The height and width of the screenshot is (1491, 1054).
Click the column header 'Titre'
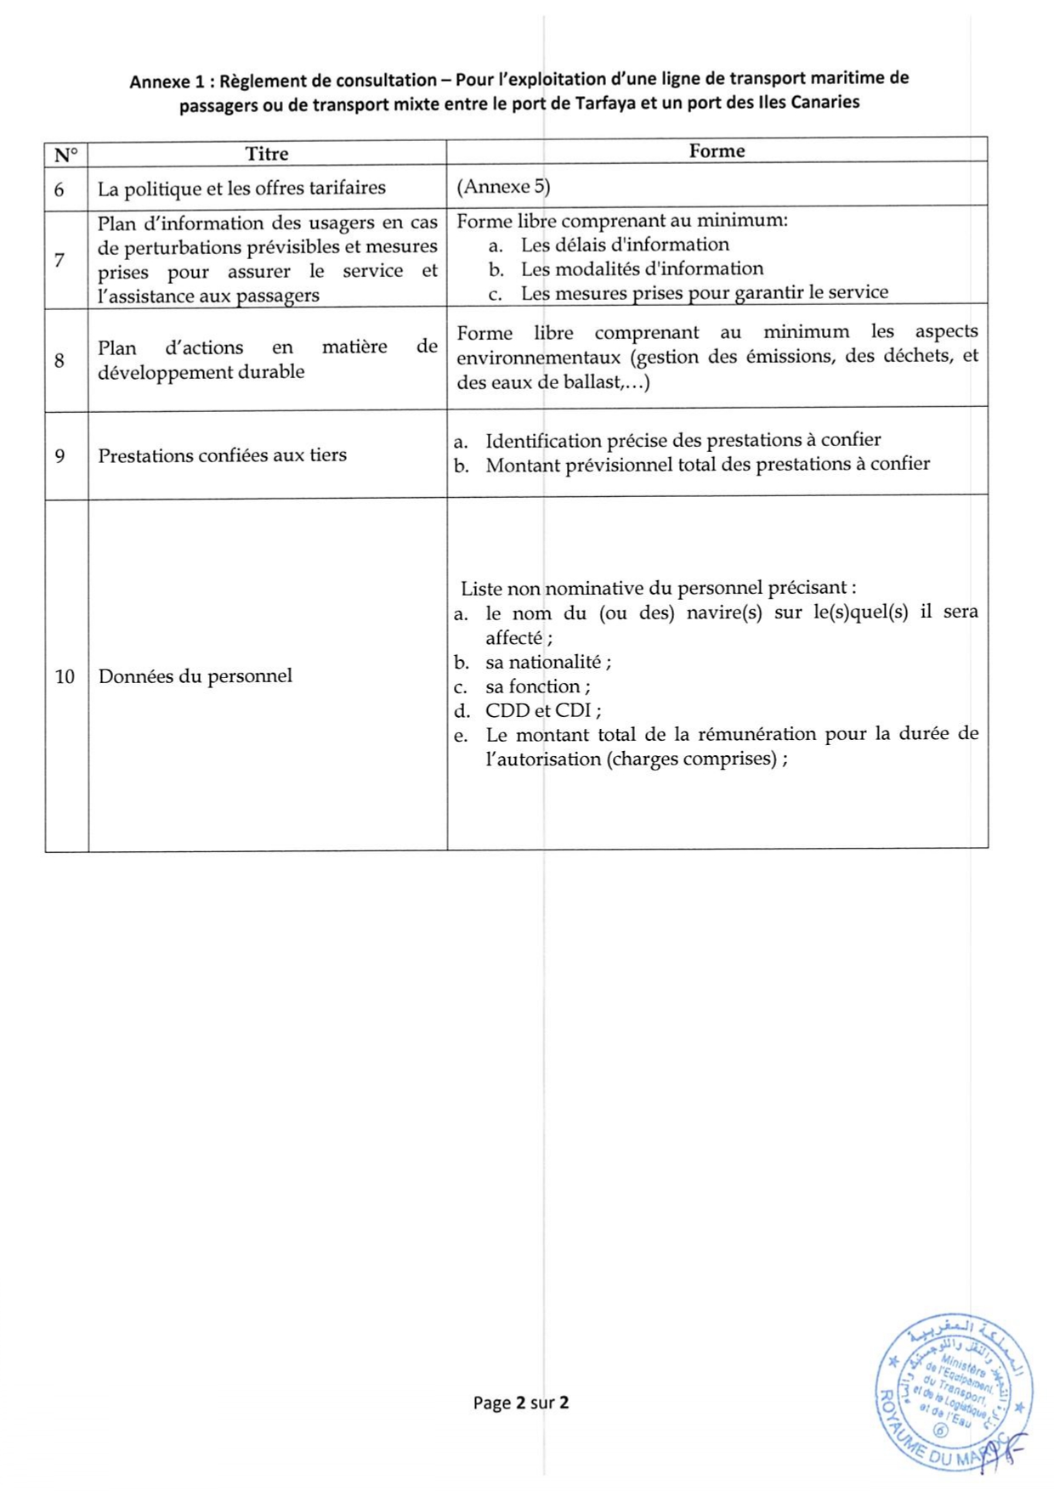click(267, 154)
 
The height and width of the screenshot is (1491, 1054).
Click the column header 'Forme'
click(717, 150)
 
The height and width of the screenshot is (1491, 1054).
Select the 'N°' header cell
click(65, 155)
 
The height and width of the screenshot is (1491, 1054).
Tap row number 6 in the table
click(59, 189)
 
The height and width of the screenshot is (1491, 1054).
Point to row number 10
click(65, 677)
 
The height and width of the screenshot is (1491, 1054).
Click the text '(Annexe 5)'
click(503, 186)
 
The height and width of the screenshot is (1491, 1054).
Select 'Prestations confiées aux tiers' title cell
click(222, 455)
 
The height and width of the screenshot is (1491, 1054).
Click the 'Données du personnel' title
click(195, 676)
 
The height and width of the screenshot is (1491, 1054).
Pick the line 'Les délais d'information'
click(625, 245)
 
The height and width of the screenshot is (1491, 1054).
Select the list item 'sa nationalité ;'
click(547, 662)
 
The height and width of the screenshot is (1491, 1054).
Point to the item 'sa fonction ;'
click(537, 686)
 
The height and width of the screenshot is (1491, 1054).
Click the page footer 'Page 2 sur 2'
click(521, 1402)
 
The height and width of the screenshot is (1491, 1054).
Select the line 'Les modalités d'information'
click(642, 268)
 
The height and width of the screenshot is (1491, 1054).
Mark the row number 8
click(59, 360)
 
